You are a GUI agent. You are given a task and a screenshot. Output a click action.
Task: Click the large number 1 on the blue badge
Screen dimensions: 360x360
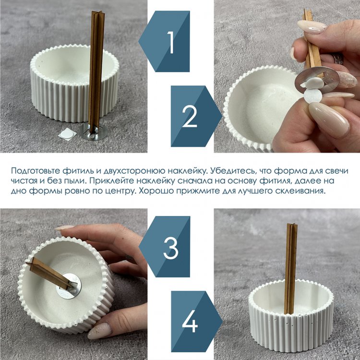(x=170, y=42)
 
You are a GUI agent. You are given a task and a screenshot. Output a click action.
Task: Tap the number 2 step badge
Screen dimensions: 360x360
(x=190, y=116)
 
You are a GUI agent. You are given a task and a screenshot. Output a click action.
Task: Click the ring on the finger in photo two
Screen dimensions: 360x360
(x=338, y=59)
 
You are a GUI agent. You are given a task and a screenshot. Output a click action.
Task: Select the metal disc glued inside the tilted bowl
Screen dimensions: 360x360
(x=69, y=286)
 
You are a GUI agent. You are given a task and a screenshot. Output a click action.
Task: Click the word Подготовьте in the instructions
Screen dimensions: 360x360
(x=35, y=171)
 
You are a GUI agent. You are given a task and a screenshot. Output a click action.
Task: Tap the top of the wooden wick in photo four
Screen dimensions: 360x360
(x=292, y=225)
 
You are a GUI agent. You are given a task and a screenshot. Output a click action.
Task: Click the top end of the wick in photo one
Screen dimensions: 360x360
(x=99, y=12)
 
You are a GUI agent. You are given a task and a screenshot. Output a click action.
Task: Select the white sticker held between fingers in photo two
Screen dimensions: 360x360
(x=312, y=96)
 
